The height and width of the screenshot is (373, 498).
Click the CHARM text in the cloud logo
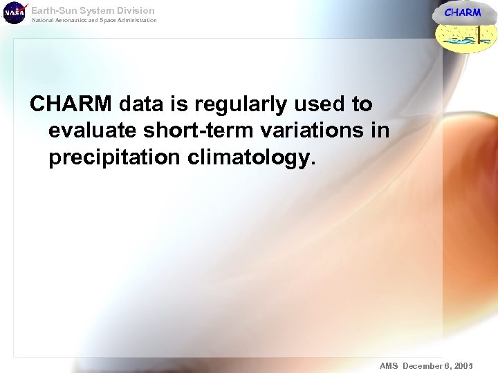(462, 12)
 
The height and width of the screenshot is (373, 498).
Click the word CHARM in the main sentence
(71, 104)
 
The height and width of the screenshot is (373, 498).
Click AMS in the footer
(389, 365)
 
